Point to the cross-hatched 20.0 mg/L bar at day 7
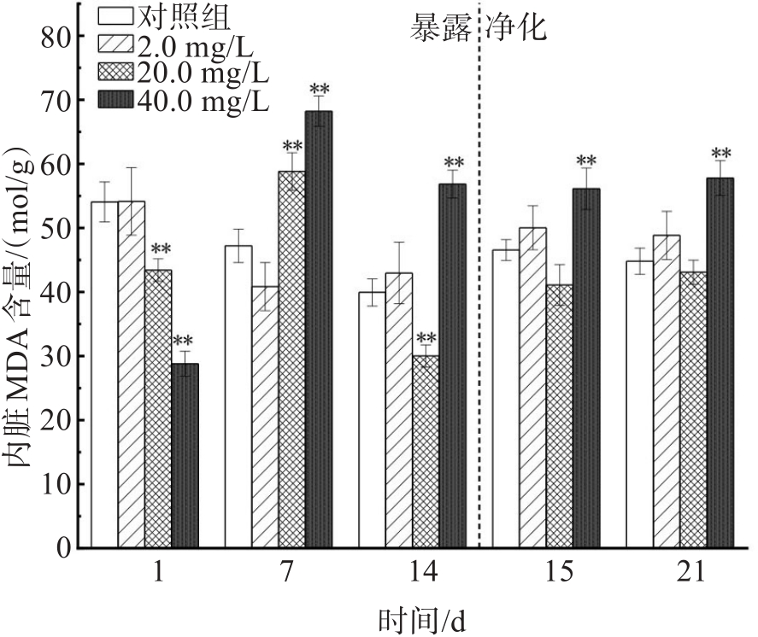click(292, 359)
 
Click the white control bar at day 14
click(372, 419)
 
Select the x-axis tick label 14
click(425, 572)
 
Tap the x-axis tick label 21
click(692, 572)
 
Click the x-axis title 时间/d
click(423, 617)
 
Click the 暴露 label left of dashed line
click(440, 29)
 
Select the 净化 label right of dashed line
click(517, 29)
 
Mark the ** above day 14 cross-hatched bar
click(426, 338)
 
